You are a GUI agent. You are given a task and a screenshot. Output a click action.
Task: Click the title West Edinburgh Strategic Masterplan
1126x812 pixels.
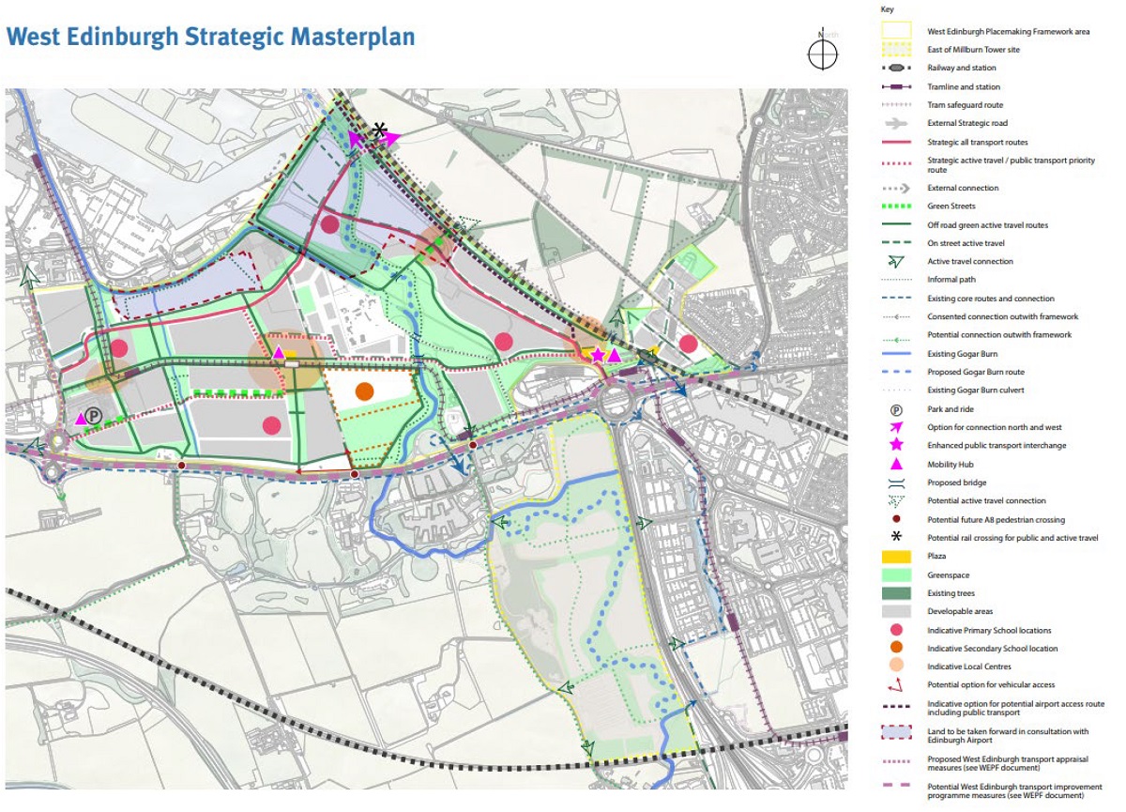(x=210, y=37)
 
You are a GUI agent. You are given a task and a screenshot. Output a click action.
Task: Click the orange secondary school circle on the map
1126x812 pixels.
(x=365, y=391)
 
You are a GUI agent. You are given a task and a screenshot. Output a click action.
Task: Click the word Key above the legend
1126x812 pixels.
(x=887, y=8)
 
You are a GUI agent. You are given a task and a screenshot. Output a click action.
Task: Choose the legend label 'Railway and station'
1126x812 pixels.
(x=962, y=68)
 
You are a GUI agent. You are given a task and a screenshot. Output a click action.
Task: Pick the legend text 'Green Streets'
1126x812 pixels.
(x=952, y=207)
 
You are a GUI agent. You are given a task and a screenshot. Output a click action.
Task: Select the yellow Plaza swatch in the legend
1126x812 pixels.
(x=896, y=557)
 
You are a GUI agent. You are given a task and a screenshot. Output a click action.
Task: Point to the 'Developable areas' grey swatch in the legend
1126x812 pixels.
(x=896, y=611)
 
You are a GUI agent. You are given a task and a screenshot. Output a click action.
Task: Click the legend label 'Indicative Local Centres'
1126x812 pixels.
(x=971, y=666)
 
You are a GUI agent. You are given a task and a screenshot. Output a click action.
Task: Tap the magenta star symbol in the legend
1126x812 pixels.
(x=896, y=445)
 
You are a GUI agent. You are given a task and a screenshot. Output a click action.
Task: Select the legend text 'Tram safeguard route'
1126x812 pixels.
(x=965, y=104)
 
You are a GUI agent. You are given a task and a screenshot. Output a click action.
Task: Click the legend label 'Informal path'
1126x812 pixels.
(x=952, y=280)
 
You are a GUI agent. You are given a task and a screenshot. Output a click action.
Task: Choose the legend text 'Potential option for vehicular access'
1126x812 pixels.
(x=991, y=685)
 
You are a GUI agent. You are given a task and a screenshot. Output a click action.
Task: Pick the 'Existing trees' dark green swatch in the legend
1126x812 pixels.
(x=896, y=593)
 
